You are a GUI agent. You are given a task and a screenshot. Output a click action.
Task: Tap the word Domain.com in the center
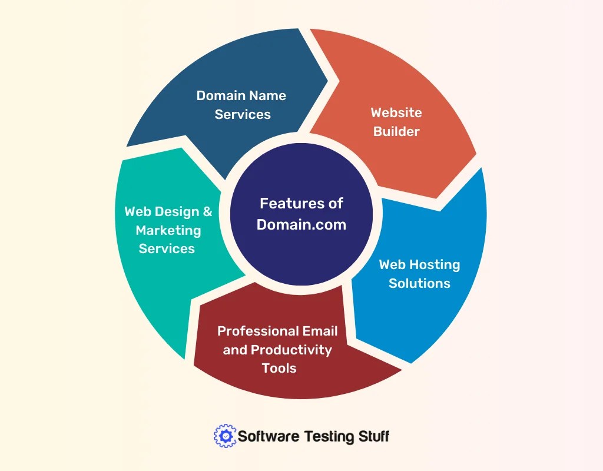[x=301, y=224]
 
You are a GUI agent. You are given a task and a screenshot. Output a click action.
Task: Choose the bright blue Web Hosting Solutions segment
[x=430, y=318]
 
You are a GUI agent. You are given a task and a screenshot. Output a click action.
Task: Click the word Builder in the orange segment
[x=396, y=131]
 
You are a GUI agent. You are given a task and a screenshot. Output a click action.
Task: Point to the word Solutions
[x=419, y=283]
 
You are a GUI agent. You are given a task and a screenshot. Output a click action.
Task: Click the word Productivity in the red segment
[x=291, y=350]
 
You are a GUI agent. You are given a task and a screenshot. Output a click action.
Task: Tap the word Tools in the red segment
[x=279, y=369]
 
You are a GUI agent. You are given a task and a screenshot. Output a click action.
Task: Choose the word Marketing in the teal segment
[x=168, y=230]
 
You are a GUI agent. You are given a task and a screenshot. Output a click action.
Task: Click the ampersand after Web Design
[x=207, y=211]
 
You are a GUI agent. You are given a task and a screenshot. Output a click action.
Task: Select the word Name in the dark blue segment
[x=267, y=95]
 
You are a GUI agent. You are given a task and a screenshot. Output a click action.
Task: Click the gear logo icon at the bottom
[x=224, y=436]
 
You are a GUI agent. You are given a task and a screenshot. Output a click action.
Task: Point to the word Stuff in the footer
[x=373, y=436]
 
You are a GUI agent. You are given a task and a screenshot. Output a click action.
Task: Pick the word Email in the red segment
[x=322, y=331]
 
